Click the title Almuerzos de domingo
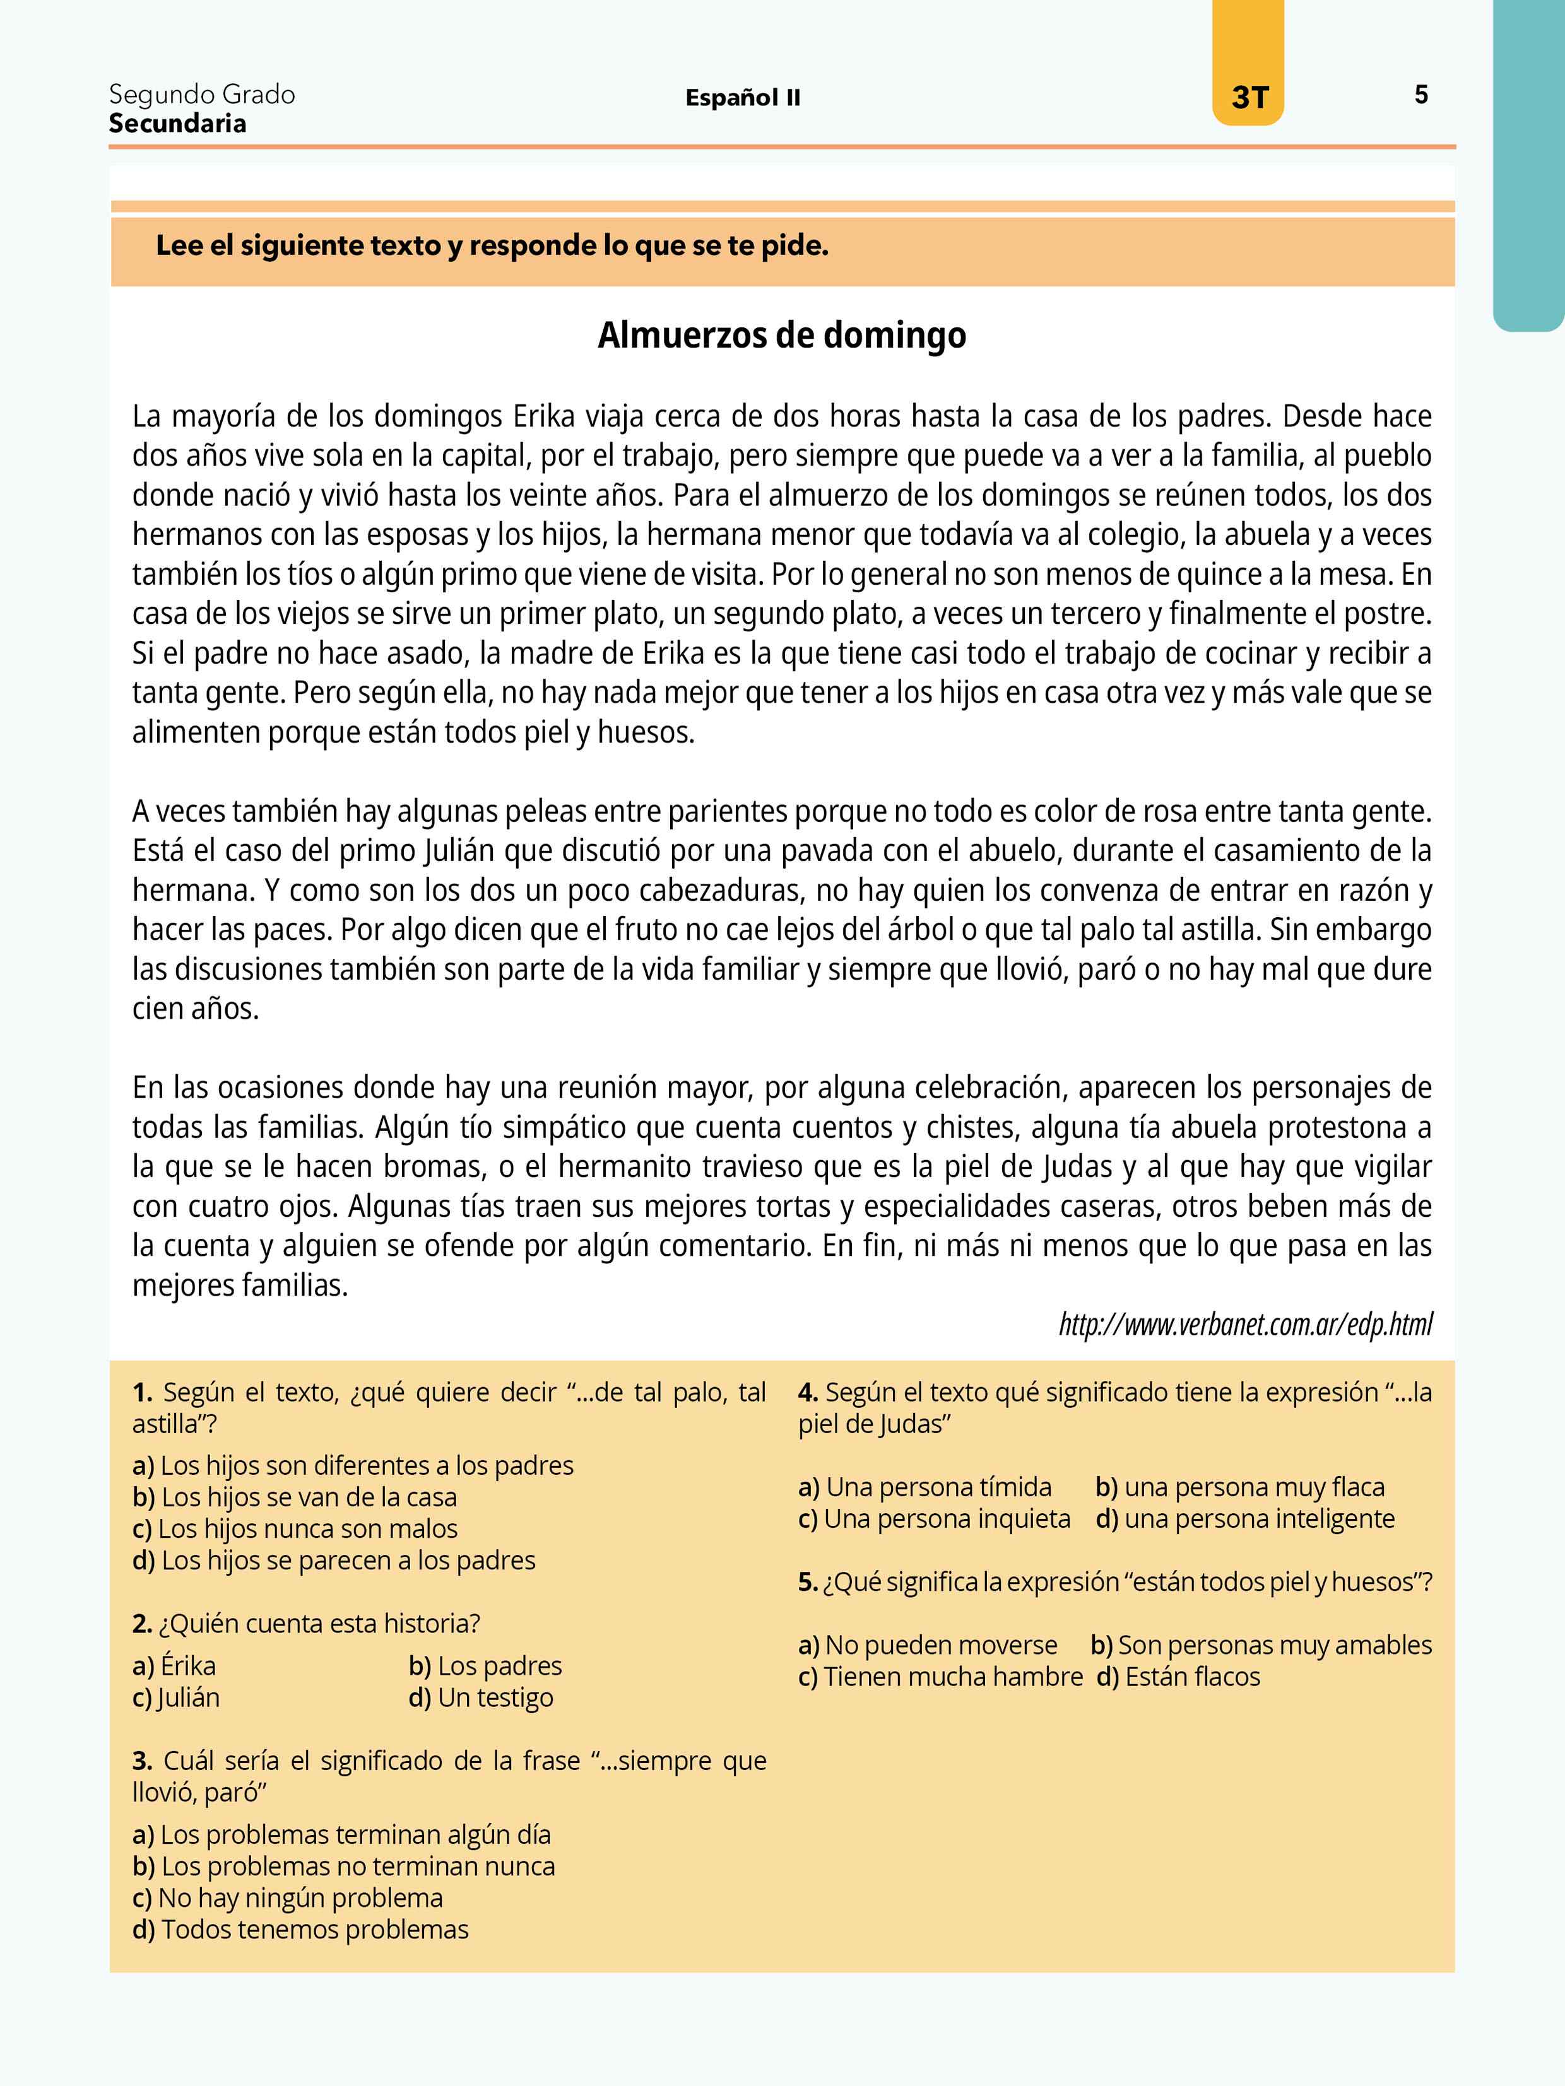pos(782,336)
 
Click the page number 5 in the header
pos(1420,95)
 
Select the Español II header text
pos(742,98)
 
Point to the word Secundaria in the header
pos(177,124)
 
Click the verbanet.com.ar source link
pos(1245,1324)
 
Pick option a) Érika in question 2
pos(175,1665)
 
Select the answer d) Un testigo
pos(481,1697)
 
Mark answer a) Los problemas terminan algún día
pos(341,1834)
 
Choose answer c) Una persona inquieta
pos(934,1519)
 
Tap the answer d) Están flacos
pos(1178,1677)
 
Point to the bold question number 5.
pos(808,1583)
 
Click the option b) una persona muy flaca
pos(1239,1487)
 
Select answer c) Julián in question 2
pos(177,1697)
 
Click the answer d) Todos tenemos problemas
pos(301,1930)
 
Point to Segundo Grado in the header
pos(202,95)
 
